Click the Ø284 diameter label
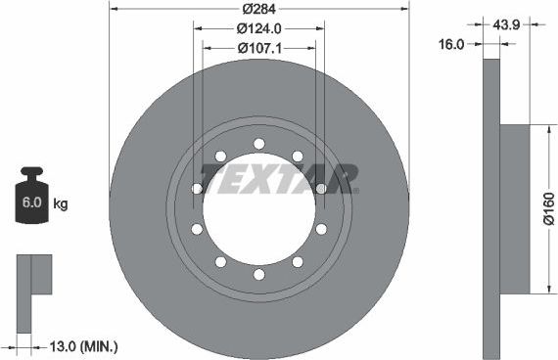[x=259, y=9]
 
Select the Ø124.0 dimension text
[x=259, y=28]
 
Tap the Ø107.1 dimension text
[x=259, y=48]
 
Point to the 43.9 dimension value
[x=506, y=24]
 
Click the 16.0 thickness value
[x=451, y=44]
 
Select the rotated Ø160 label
[x=549, y=208]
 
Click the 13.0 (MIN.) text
[x=83, y=346]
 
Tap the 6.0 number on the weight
[x=32, y=202]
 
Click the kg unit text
[x=60, y=203]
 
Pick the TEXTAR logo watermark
[x=279, y=179]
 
